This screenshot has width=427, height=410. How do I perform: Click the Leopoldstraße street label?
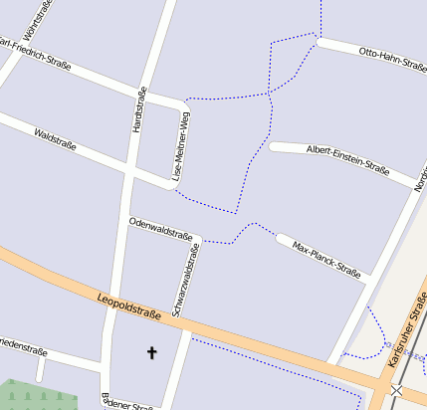pos(129,307)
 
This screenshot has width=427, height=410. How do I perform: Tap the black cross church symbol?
pos(152,352)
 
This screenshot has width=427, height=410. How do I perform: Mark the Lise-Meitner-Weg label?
pos(181,144)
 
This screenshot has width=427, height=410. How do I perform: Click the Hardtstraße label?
pos(139,111)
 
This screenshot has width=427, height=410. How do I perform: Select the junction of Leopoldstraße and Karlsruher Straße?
pos(382,382)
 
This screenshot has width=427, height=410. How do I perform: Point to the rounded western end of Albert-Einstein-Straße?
pos(275,147)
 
